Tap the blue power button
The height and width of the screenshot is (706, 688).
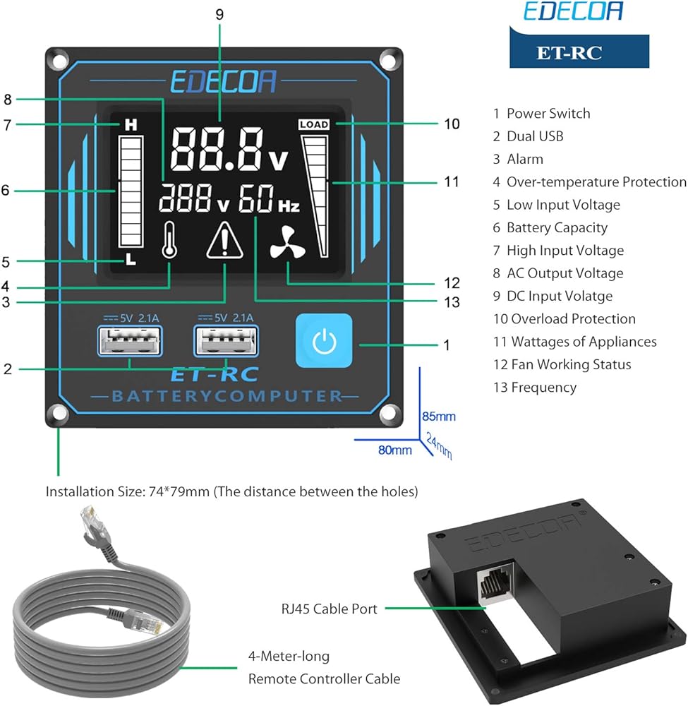point(323,341)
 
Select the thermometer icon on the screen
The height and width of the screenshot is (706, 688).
point(169,242)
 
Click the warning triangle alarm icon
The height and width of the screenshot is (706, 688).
point(224,241)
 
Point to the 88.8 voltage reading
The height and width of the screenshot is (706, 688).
point(219,149)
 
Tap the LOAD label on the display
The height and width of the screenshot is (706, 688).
point(314,124)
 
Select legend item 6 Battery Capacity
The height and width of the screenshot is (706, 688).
point(550,227)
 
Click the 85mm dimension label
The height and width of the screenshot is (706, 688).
point(439,416)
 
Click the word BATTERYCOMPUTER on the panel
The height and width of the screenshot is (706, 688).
point(227,396)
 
